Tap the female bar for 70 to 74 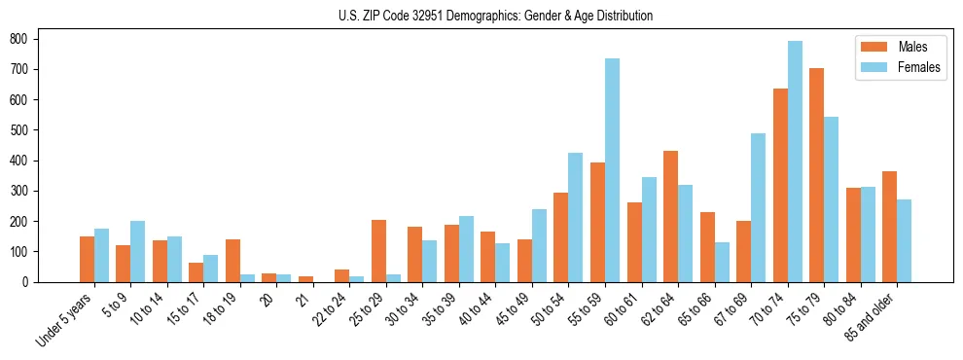(796, 162)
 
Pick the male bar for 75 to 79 (817, 175)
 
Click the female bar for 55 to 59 (613, 170)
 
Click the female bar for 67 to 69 (759, 207)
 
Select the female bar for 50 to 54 (576, 217)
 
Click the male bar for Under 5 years (88, 259)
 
